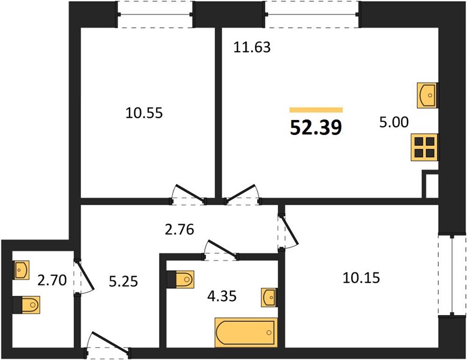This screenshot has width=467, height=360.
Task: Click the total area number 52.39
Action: click(x=316, y=127)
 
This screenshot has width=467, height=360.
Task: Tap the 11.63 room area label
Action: click(x=252, y=47)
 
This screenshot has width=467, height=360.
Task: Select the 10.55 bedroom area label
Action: click(x=144, y=113)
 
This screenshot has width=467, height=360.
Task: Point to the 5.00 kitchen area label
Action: click(x=394, y=122)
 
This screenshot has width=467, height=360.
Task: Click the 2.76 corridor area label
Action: click(x=179, y=230)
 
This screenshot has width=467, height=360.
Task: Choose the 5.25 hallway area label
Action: click(x=123, y=281)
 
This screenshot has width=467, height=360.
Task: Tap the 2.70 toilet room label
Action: click(x=52, y=280)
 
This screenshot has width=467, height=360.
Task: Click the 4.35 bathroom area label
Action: click(x=222, y=296)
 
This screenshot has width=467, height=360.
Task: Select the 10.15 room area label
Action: click(x=361, y=278)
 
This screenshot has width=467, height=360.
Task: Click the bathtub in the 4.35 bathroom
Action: click(x=246, y=332)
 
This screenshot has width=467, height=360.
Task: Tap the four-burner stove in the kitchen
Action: click(x=424, y=148)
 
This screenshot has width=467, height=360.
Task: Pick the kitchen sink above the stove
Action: click(x=427, y=95)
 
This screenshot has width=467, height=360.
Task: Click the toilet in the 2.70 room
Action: click(x=26, y=305)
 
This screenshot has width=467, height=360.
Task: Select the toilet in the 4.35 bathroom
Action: click(x=181, y=280)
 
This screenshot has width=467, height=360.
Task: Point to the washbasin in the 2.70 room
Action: click(x=21, y=270)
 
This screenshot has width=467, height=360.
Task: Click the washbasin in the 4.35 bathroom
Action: click(x=270, y=297)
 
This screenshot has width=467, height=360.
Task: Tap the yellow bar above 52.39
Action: click(x=316, y=110)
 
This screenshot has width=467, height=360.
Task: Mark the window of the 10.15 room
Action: click(x=452, y=275)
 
